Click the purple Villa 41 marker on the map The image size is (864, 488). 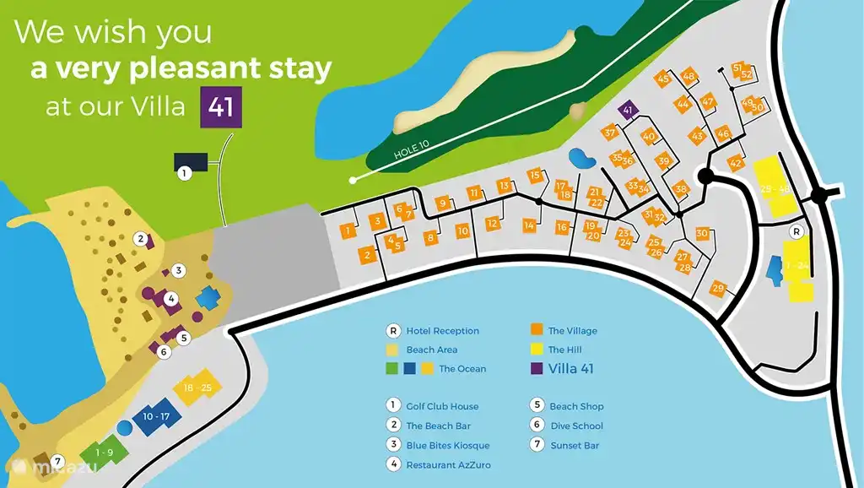click(x=627, y=110)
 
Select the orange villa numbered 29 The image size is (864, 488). click(x=719, y=289)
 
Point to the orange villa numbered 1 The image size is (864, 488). click(x=348, y=230)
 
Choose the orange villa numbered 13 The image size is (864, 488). click(x=504, y=186)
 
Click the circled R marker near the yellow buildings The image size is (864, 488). click(x=795, y=230)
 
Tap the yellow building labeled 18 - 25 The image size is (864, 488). click(x=196, y=387)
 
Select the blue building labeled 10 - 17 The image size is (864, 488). click(x=157, y=416)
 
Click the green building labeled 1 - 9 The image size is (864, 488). click(x=105, y=453)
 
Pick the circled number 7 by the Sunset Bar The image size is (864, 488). click(x=57, y=462)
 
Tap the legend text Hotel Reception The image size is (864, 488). click(x=442, y=331)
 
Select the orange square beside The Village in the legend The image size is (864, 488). click(x=535, y=331)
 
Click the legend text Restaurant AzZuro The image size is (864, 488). click(x=448, y=464)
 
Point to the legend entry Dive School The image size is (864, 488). click(x=576, y=426)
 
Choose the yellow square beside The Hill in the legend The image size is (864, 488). click(x=535, y=350)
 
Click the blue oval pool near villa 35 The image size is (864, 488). click(x=580, y=158)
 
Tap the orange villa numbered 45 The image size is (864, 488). click(x=662, y=79)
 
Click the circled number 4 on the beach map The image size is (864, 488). click(x=171, y=298)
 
